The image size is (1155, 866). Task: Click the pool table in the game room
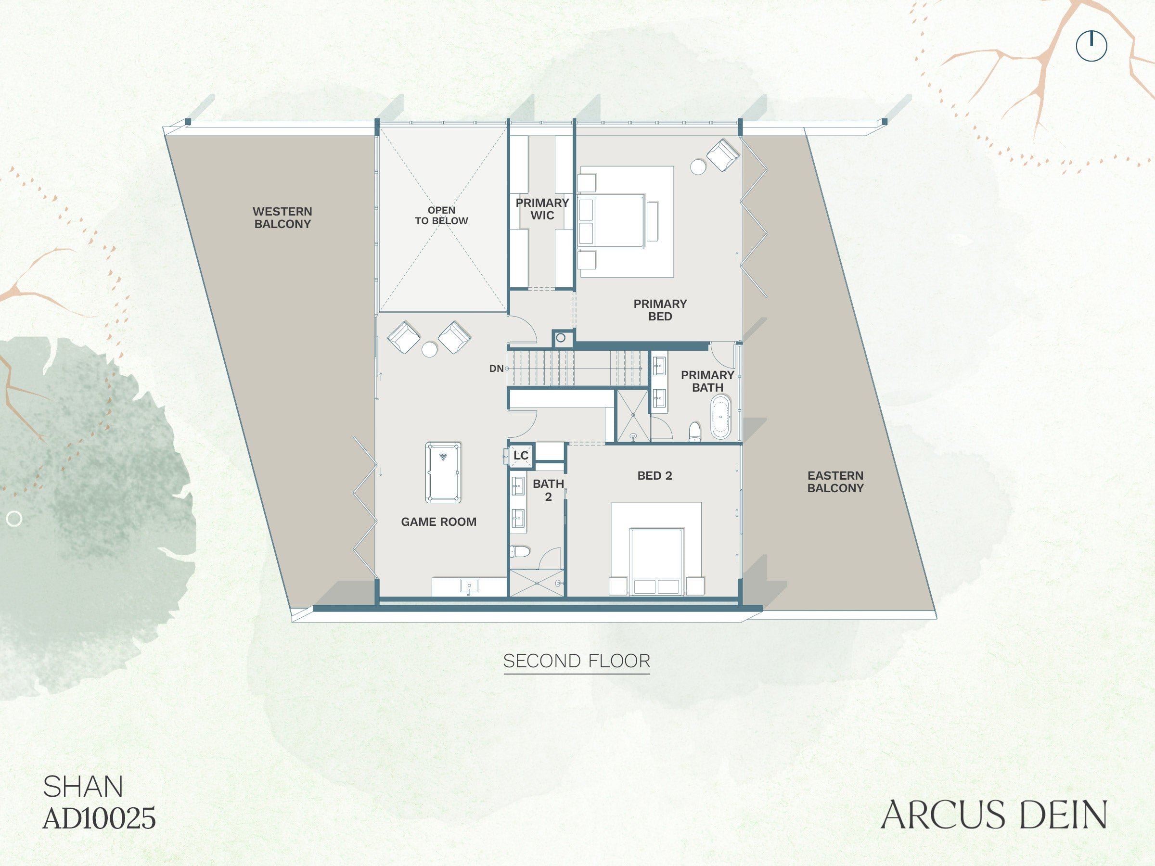[x=443, y=472]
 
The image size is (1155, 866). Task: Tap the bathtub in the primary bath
[x=720, y=417]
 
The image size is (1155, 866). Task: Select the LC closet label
[x=521, y=456]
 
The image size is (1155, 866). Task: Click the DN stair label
[x=496, y=369]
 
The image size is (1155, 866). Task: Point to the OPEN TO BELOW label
[x=441, y=216]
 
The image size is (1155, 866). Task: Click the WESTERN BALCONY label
[x=282, y=217]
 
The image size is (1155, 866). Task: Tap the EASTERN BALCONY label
[x=835, y=482]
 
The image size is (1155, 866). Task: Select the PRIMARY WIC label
[x=542, y=209]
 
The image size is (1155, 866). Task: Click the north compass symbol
[x=1091, y=46]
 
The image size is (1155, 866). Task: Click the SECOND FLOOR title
[x=577, y=661]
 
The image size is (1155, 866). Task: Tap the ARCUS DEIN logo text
[x=994, y=815]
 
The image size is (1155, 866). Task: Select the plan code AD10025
[x=99, y=818]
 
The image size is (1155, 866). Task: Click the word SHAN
[x=83, y=787]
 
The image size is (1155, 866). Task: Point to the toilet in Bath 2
[x=520, y=551]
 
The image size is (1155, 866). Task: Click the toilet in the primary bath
[x=694, y=432]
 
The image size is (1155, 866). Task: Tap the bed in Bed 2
[x=656, y=561]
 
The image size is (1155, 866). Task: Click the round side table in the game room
[x=429, y=349]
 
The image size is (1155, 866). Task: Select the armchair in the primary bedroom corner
[x=723, y=154]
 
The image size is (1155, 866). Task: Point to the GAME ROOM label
[x=438, y=522]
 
